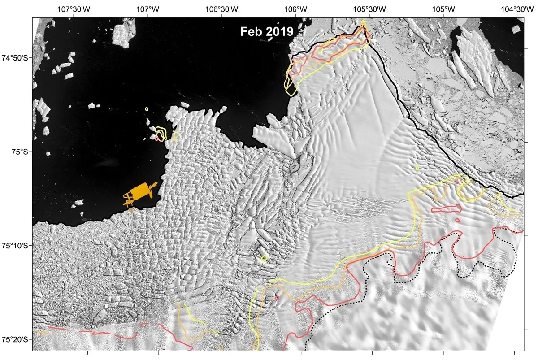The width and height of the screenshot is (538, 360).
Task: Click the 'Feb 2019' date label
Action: (x=267, y=32)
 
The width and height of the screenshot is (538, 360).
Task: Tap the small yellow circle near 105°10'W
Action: (x=417, y=168)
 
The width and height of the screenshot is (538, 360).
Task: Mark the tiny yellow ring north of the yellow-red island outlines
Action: (x=147, y=109)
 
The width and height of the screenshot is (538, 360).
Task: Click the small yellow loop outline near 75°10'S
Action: (x=264, y=258)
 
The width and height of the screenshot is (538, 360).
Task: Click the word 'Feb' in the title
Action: (x=250, y=32)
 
